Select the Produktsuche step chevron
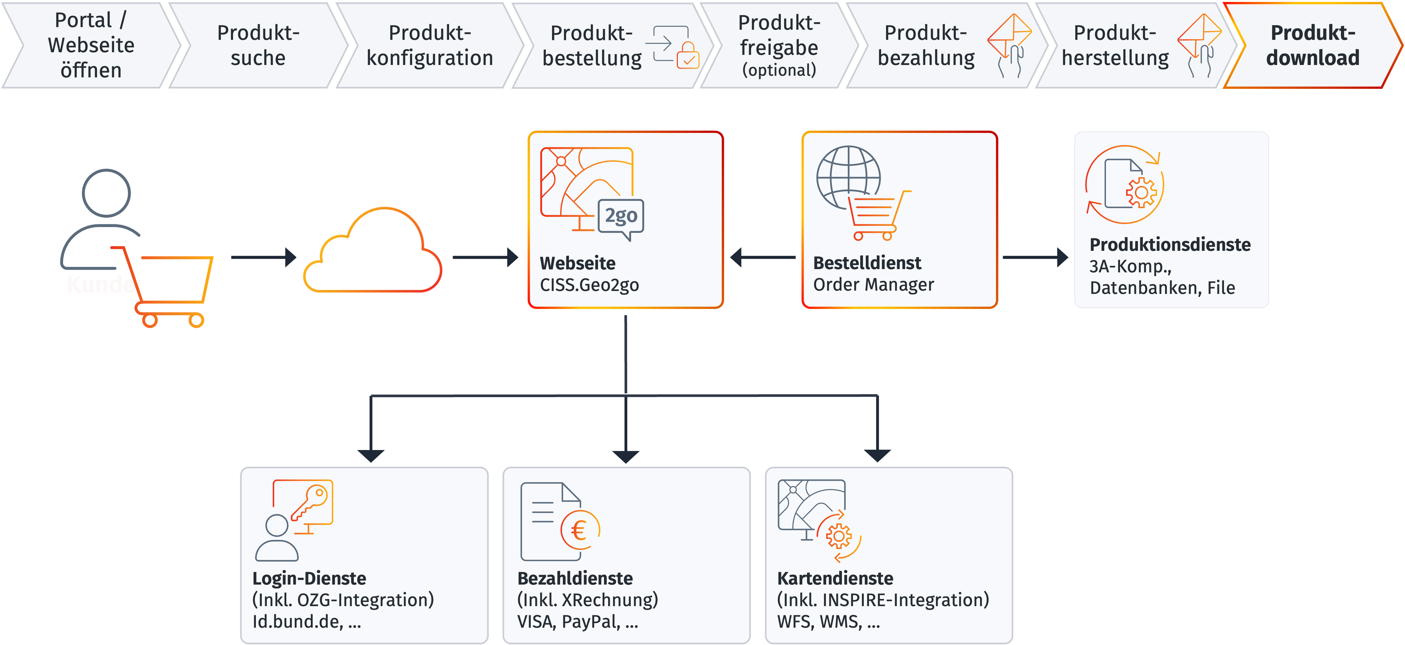point(258,45)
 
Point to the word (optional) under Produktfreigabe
point(779,70)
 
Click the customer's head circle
point(106,193)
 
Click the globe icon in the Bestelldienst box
point(848,177)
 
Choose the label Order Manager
point(873,284)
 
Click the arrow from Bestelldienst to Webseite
point(762,257)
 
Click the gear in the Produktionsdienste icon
point(1141,192)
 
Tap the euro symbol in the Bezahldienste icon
point(579,530)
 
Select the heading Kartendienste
point(835,578)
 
